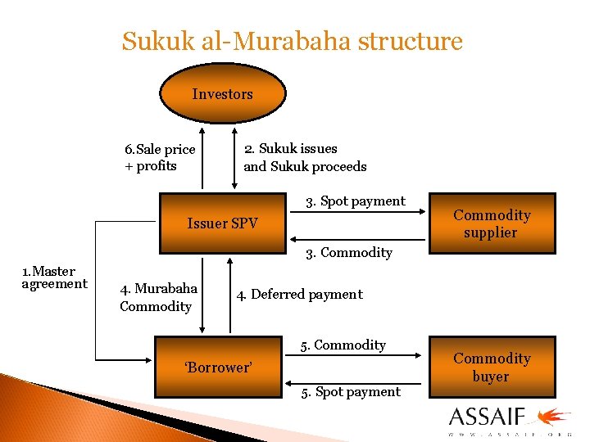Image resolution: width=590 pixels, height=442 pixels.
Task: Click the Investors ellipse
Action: click(222, 94)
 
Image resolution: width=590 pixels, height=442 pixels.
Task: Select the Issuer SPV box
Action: click(222, 223)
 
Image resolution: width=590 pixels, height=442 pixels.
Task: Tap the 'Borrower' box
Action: click(218, 367)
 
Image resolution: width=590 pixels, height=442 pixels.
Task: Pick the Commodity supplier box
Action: click(492, 223)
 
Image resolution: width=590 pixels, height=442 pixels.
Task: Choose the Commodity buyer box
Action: click(492, 368)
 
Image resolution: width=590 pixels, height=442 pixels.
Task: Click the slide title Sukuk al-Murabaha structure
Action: click(292, 41)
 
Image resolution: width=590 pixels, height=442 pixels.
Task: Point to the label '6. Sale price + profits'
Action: click(160, 157)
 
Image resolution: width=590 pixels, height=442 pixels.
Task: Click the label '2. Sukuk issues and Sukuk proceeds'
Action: click(305, 157)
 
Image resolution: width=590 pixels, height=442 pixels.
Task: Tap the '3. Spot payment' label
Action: click(355, 201)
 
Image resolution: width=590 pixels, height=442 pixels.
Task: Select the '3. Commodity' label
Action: click(349, 252)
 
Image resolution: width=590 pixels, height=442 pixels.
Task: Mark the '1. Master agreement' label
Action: click(54, 277)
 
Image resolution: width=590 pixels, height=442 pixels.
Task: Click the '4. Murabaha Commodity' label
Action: click(158, 297)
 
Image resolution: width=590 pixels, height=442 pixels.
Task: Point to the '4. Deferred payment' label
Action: click(299, 294)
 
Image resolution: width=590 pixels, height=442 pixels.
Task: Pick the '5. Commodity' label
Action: click(343, 345)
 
